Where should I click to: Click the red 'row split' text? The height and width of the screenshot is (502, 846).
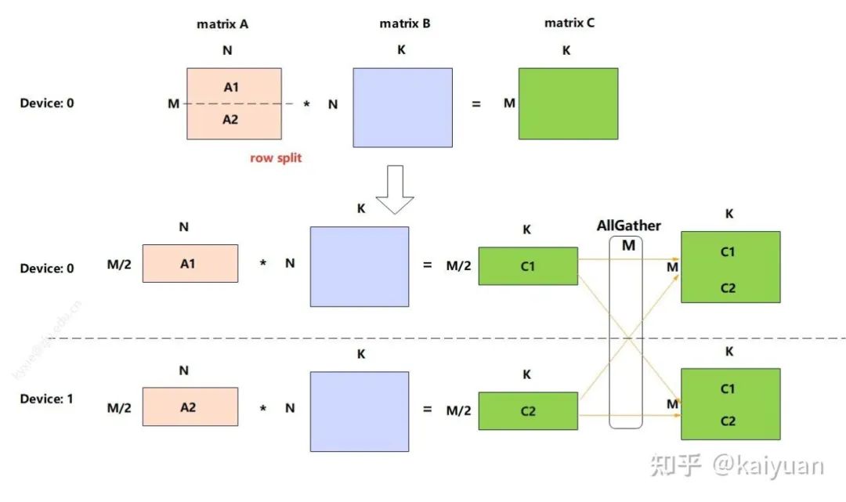click(276, 158)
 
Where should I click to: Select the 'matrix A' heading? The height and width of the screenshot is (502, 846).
click(222, 24)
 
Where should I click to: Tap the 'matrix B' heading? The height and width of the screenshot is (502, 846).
click(405, 23)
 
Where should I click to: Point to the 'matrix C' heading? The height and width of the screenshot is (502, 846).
click(569, 23)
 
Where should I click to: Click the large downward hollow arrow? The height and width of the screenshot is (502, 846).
click(395, 189)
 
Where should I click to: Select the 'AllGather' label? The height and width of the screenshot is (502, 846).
click(629, 226)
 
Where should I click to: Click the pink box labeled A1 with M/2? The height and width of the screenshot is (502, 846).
click(190, 264)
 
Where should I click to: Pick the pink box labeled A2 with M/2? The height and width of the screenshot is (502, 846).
click(190, 406)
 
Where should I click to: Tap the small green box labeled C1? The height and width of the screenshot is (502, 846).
click(528, 266)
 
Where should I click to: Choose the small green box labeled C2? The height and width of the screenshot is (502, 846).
click(528, 411)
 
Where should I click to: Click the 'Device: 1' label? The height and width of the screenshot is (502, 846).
click(47, 399)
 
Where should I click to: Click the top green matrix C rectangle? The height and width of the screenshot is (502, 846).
click(568, 103)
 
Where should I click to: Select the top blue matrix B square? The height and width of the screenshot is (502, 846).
click(403, 107)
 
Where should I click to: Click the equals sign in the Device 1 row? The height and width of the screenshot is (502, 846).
click(428, 409)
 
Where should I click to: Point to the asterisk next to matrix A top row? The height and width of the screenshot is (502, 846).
click(307, 104)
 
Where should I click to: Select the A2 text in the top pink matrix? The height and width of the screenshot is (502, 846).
click(230, 120)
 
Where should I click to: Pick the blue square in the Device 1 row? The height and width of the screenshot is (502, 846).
click(360, 411)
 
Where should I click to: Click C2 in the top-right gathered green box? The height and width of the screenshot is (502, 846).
click(728, 287)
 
